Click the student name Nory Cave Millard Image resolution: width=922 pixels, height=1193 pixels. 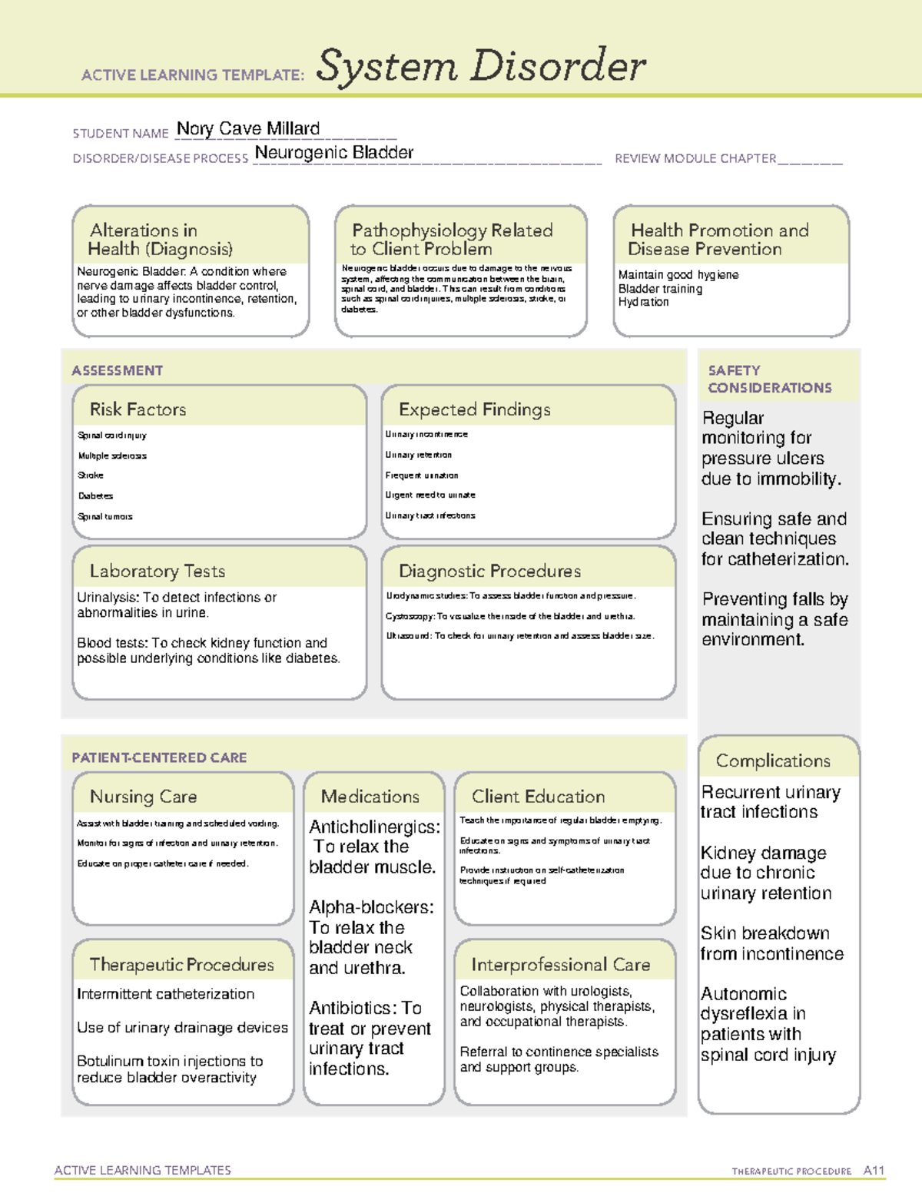(x=247, y=129)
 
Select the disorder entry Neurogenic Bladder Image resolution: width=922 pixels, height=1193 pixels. (x=333, y=153)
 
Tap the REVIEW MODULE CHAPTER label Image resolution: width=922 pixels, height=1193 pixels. (x=695, y=159)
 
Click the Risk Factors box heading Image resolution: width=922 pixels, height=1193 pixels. (x=138, y=409)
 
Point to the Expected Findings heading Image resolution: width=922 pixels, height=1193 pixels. (x=474, y=409)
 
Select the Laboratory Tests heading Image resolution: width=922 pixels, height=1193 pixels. (x=157, y=571)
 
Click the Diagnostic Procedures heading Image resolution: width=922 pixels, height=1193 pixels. (x=489, y=571)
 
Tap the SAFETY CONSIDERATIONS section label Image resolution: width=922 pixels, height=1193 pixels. (x=769, y=379)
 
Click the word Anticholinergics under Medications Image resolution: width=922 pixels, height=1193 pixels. (x=373, y=827)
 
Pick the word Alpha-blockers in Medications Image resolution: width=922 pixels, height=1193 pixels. (x=370, y=907)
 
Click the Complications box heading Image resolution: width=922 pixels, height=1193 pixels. (x=772, y=761)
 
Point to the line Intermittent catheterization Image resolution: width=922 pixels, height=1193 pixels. (x=165, y=994)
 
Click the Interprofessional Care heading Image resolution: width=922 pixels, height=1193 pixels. (x=560, y=964)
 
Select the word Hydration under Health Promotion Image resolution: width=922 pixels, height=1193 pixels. (x=643, y=303)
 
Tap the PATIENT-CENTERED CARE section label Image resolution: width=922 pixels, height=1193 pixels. (x=159, y=757)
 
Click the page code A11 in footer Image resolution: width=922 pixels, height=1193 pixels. (x=874, y=1170)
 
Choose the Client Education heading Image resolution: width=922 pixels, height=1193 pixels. (x=538, y=797)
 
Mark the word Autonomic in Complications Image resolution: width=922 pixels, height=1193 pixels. (x=743, y=994)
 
